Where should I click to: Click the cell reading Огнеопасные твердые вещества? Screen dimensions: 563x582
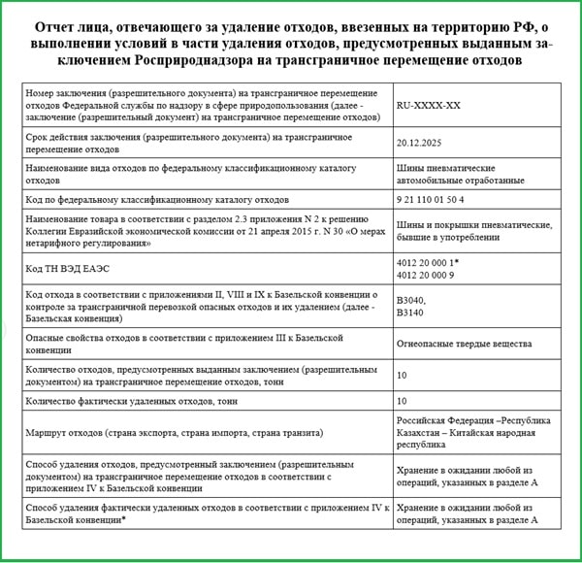465,343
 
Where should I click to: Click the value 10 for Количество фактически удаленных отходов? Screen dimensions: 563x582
402,401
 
